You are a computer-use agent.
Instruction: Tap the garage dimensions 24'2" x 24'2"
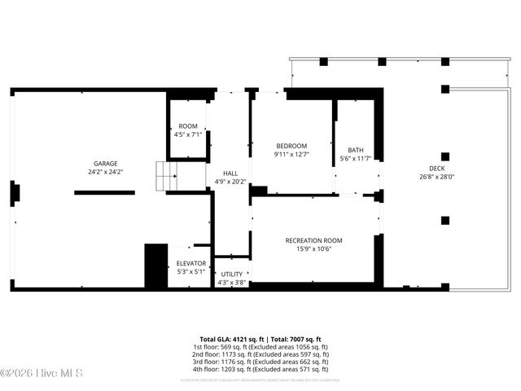(x=106, y=172)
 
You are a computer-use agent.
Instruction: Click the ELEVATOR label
(x=191, y=263)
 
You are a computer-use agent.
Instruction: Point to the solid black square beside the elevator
(x=155, y=266)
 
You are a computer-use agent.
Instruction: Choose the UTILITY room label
(x=232, y=274)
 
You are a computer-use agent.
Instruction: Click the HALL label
(x=231, y=173)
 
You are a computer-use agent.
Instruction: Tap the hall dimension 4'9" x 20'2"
(x=231, y=182)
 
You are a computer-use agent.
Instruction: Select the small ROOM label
(x=188, y=125)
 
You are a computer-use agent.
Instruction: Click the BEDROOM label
(x=291, y=145)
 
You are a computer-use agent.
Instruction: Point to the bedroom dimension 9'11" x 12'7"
(x=291, y=154)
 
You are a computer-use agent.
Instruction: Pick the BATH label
(x=356, y=149)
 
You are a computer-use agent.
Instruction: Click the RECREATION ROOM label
(x=313, y=240)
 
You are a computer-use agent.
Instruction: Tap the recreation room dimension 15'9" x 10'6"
(x=313, y=249)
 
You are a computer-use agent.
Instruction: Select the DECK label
(x=436, y=167)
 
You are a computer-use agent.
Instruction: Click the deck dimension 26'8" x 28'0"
(x=436, y=176)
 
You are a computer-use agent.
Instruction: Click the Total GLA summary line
(x=260, y=339)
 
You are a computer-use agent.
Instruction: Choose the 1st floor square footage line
(x=260, y=347)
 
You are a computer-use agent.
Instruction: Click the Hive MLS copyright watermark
(x=36, y=374)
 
